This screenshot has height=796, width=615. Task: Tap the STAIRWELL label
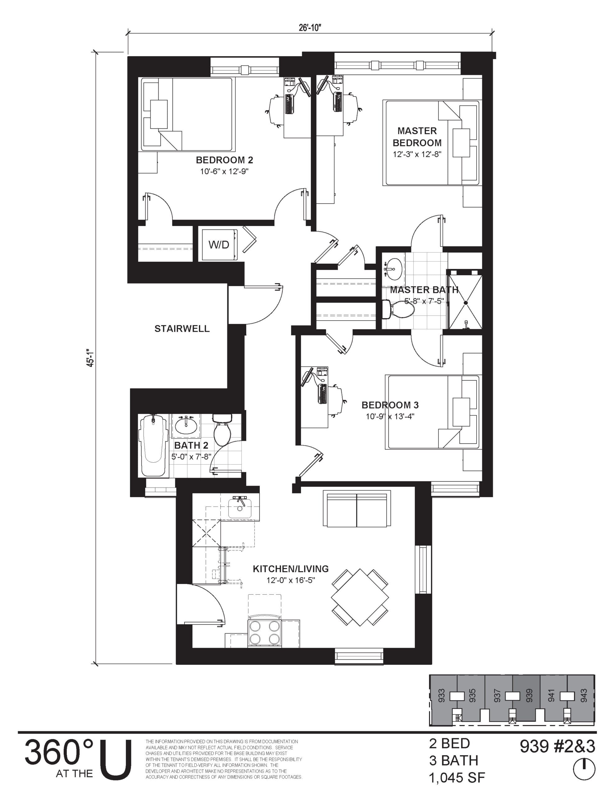coord(182,329)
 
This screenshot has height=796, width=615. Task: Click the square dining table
coord(360,597)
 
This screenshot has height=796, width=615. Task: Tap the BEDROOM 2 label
coord(224,160)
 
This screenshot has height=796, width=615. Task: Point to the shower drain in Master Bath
coord(465,303)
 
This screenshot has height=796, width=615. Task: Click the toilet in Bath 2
coord(222,430)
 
